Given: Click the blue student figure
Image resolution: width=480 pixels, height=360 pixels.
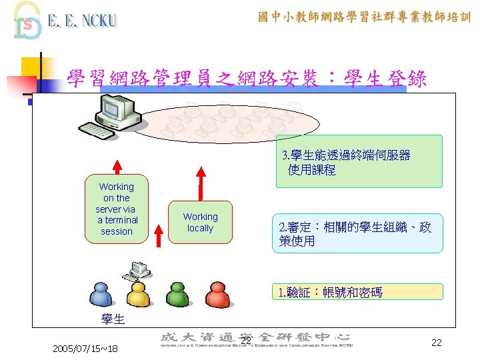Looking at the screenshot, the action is (100, 295).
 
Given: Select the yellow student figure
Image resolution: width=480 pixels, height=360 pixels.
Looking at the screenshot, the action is (138, 295).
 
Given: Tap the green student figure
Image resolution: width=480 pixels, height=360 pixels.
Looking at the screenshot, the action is (177, 295).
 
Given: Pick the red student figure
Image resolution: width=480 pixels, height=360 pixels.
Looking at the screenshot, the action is (217, 295).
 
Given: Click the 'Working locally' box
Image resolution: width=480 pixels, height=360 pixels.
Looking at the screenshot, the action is (200, 222).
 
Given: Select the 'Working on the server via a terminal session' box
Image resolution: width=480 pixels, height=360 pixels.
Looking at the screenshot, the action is (117, 209).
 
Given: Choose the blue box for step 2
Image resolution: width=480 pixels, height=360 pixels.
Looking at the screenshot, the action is (357, 233).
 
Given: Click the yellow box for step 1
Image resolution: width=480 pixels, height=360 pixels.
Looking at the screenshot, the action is (359, 292).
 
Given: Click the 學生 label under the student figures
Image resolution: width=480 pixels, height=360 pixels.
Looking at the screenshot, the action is (113, 319).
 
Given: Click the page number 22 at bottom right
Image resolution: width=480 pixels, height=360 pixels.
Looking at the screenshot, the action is (437, 343).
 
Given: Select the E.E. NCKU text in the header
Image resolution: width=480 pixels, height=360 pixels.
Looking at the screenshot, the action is (82, 21).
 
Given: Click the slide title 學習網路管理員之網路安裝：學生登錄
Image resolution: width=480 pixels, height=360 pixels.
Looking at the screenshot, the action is (247, 79).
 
